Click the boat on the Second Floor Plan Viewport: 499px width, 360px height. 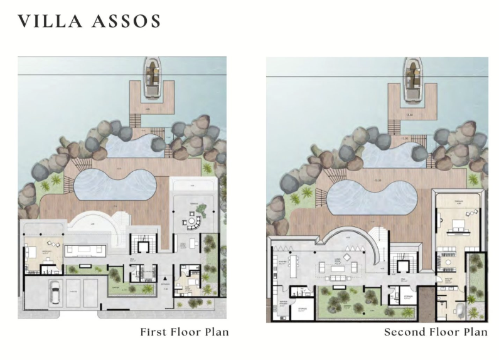point(412,79)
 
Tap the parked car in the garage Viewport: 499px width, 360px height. point(55,292)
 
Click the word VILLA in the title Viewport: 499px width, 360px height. point(51,21)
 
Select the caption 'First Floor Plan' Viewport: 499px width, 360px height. point(184,332)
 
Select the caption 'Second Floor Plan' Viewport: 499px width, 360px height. point(436,332)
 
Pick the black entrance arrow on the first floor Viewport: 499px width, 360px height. point(164,278)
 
